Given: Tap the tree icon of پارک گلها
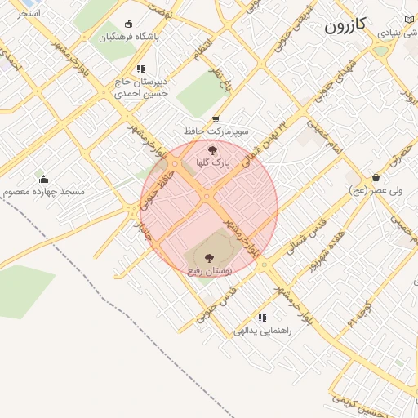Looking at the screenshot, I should coord(213,150).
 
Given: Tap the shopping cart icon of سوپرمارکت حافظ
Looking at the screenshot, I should coord(215,118).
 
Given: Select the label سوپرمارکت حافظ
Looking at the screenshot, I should coord(216,131).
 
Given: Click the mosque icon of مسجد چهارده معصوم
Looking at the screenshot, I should coord(43,179).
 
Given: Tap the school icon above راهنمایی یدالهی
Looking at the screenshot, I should coord(261,318).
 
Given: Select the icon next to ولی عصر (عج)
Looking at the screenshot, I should coord(376,177).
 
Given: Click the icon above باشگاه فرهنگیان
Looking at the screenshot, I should coord(127,24).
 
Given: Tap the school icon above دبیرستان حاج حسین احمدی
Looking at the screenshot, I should coord(140,69).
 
